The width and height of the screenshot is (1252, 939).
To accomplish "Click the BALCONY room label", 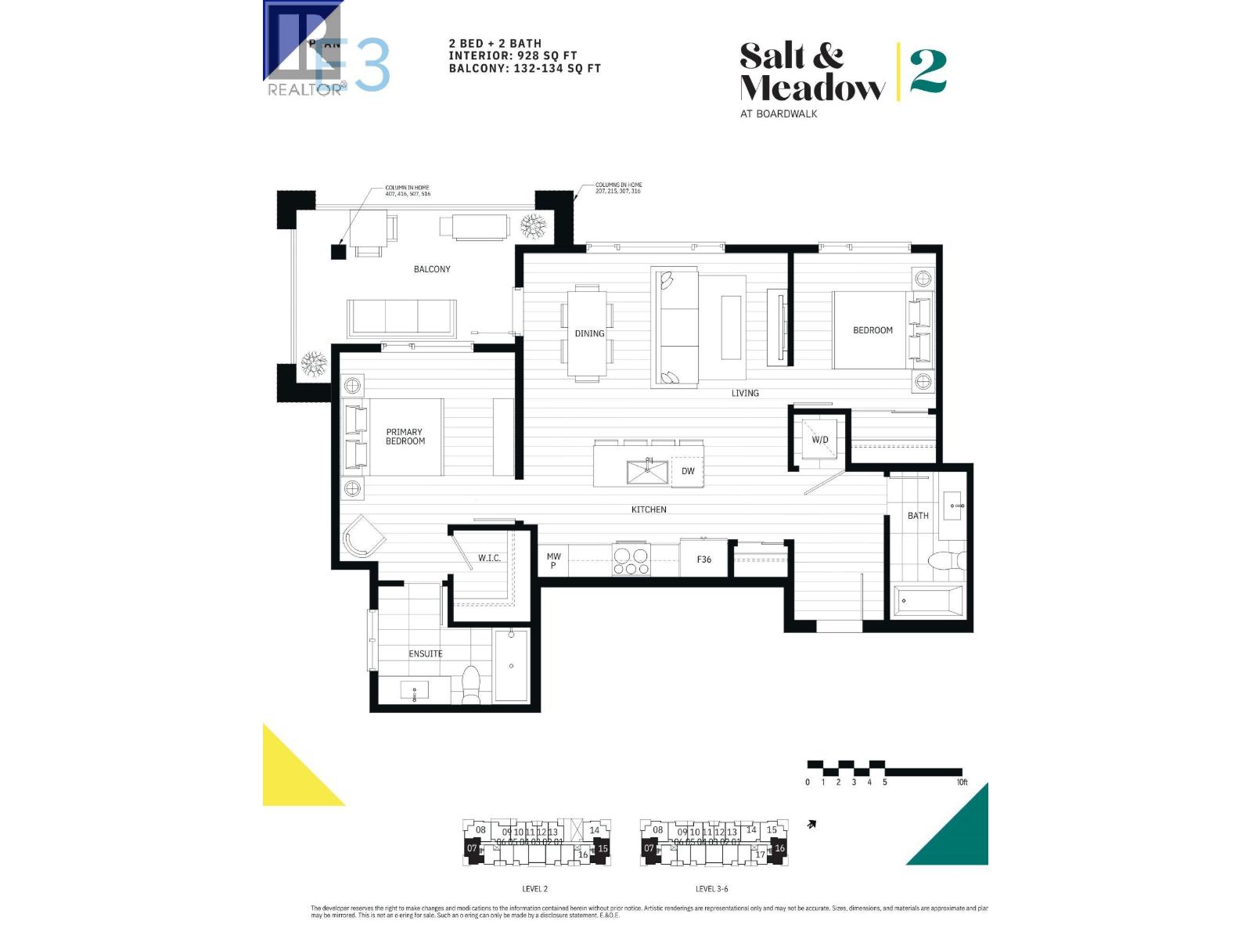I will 432,269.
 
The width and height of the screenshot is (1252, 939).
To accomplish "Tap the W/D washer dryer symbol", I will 819,440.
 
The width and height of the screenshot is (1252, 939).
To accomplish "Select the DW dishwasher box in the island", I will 688,471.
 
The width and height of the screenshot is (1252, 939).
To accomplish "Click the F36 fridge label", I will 704,559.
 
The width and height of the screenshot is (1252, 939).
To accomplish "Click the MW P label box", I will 553,560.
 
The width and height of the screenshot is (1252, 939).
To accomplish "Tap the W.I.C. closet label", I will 489,558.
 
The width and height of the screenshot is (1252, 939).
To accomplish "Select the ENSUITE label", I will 426,653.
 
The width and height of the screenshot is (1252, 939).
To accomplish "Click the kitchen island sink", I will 647,472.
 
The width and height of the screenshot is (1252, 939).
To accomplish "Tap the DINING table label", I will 589,333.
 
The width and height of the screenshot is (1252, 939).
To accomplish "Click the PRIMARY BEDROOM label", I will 405,437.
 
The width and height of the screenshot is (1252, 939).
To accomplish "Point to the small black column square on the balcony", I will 338,252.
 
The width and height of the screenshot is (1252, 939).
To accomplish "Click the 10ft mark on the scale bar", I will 962,782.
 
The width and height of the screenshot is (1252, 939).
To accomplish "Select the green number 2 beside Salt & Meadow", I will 929,72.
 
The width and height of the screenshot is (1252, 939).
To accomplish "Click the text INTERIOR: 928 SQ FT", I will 513,56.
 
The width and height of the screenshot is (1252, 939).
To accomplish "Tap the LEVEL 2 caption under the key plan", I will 534,889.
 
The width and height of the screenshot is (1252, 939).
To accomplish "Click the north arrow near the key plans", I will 812,824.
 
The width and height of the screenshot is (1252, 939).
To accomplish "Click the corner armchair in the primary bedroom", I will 362,536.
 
